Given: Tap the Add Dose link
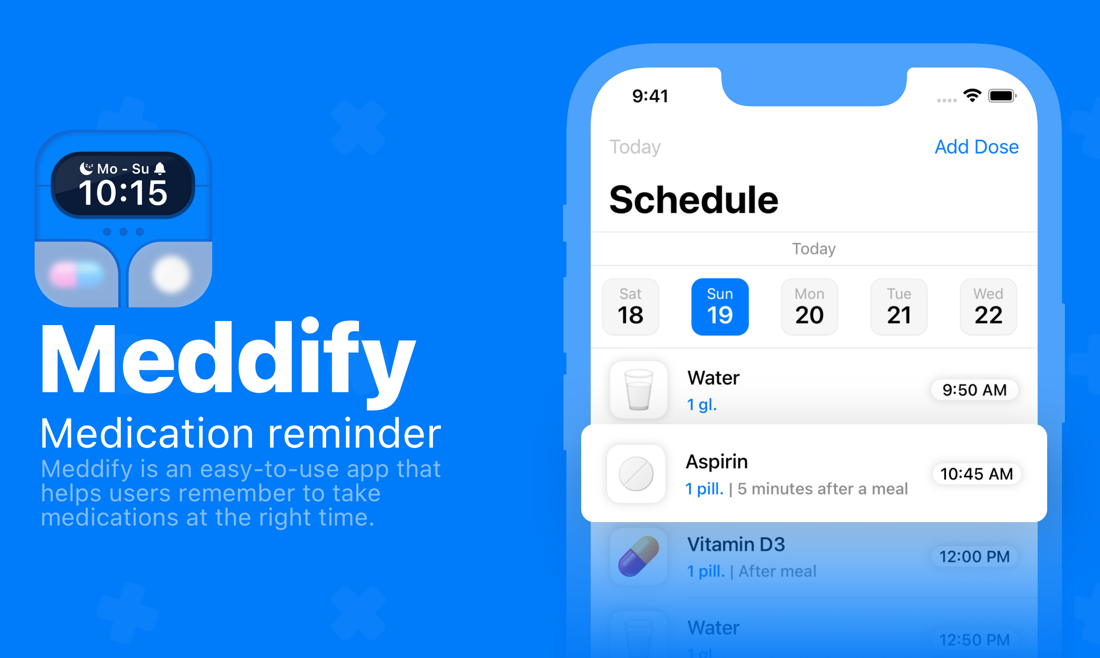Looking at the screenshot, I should (x=976, y=147).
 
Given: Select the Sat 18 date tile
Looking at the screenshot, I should (x=630, y=306).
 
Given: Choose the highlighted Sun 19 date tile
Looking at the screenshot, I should (x=719, y=306).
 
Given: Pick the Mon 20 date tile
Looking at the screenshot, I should (x=809, y=306).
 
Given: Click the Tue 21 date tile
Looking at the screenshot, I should (x=899, y=306).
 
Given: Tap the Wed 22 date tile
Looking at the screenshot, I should (x=988, y=306).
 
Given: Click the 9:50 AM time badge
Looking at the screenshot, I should (x=974, y=390).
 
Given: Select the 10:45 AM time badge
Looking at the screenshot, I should (x=976, y=474).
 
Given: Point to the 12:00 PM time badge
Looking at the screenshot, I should (x=974, y=556).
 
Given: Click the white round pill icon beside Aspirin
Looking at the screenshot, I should (x=636, y=474).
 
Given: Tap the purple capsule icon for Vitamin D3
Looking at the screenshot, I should (x=638, y=556).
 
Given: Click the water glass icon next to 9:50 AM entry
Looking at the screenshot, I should (x=638, y=390).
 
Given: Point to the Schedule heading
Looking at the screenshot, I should (x=693, y=200).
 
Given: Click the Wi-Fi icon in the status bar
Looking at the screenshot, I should (x=972, y=95).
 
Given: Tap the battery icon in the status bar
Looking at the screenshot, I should (x=1002, y=96).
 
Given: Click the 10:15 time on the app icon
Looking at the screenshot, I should (x=123, y=193).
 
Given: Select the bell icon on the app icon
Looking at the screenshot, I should (x=160, y=168).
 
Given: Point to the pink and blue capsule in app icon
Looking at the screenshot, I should (x=77, y=274).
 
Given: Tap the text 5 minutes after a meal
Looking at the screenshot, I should (x=822, y=489).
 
